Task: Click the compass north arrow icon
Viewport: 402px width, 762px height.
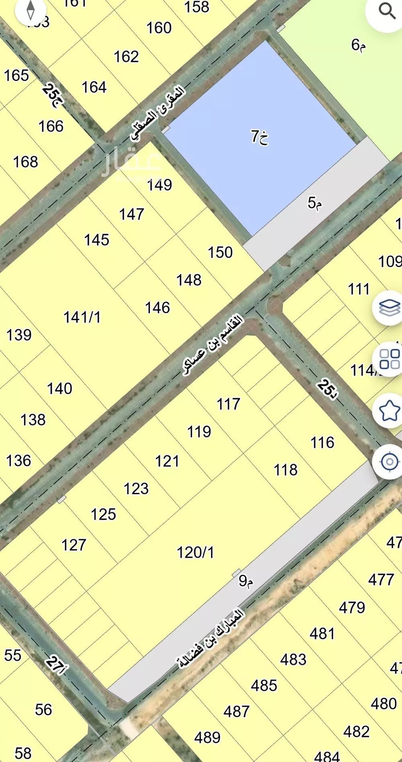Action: (x=31, y=10)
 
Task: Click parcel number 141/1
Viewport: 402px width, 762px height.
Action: (x=82, y=317)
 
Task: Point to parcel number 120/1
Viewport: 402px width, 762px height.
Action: (x=195, y=553)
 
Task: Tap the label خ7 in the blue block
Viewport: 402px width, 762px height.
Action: (x=260, y=137)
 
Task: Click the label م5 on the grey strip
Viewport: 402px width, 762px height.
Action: (x=315, y=203)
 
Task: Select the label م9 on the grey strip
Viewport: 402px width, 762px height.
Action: (x=246, y=581)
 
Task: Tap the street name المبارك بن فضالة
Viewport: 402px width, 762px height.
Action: (x=211, y=639)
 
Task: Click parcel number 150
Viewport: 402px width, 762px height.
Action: (x=220, y=253)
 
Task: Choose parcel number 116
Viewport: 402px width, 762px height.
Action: (x=322, y=442)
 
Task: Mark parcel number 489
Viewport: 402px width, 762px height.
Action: (x=207, y=737)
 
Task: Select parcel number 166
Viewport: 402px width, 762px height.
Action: (x=51, y=126)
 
